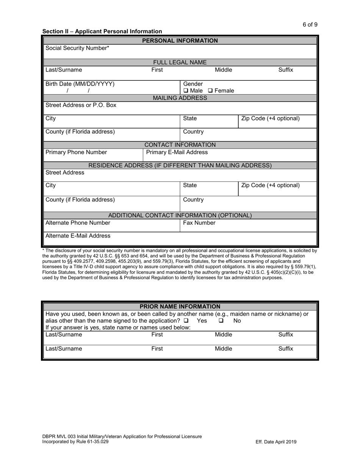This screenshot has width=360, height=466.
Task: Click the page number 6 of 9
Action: (310, 25)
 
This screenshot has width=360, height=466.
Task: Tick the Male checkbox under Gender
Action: (186, 91)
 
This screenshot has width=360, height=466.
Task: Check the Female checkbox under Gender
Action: (210, 91)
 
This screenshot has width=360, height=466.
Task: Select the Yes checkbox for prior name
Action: (186, 321)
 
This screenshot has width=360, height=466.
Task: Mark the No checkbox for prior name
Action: (221, 321)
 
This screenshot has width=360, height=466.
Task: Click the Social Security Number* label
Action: (77, 48)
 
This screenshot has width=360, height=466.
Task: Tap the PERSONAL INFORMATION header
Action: (180, 41)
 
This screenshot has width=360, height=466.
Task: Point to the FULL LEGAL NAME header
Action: (180, 63)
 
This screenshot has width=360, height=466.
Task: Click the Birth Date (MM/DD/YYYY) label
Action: (80, 84)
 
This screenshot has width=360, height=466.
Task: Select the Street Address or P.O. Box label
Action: (81, 105)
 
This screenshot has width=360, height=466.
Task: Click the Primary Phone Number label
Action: (76, 152)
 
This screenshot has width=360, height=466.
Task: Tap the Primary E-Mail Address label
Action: (177, 152)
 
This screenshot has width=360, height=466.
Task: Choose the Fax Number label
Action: (199, 223)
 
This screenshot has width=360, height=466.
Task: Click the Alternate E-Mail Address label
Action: (78, 236)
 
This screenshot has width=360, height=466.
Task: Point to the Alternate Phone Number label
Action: (78, 223)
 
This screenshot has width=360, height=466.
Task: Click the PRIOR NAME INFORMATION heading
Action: (180, 306)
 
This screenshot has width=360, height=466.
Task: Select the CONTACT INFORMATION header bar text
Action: (180, 145)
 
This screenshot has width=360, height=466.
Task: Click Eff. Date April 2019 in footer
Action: (276, 442)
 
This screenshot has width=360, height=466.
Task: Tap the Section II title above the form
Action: (102, 31)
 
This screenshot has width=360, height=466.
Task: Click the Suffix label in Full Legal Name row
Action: (286, 70)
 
